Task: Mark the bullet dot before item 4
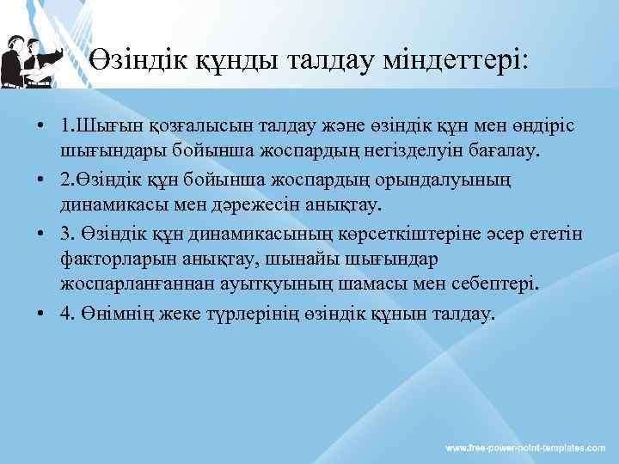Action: [40, 315]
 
